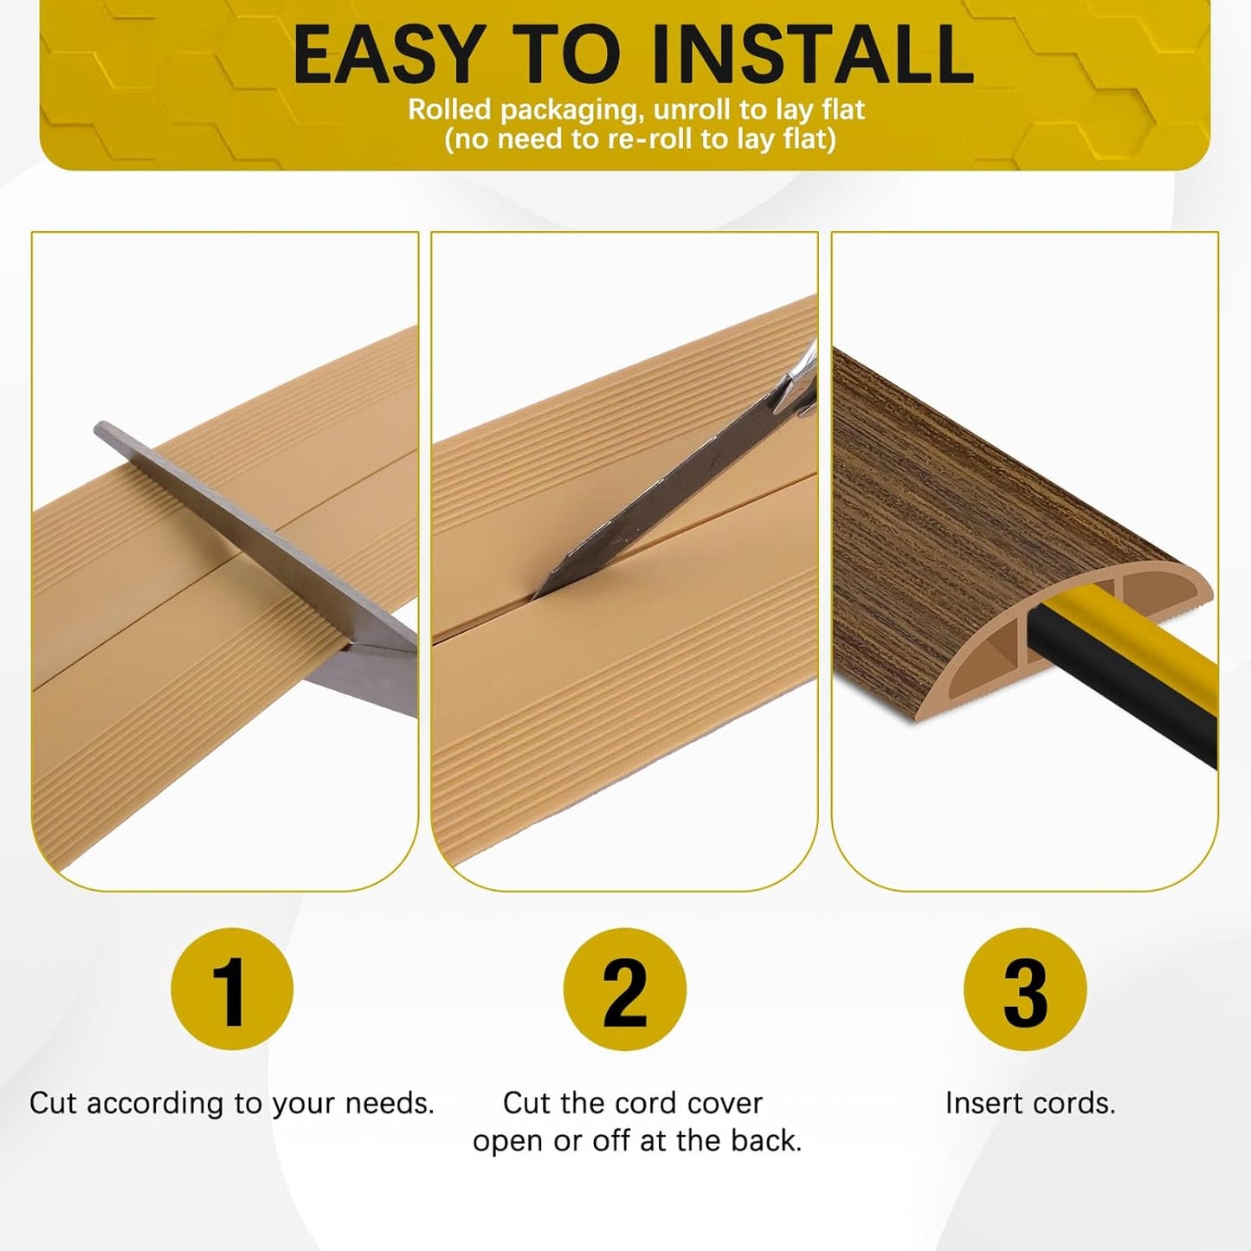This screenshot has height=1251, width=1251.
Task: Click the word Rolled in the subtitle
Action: pyautogui.click(x=449, y=110)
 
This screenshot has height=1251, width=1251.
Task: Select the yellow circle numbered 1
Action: pyautogui.click(x=232, y=990)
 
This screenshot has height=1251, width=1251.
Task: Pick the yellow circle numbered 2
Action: pyautogui.click(x=625, y=990)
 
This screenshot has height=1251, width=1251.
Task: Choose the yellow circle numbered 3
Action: pyautogui.click(x=1025, y=990)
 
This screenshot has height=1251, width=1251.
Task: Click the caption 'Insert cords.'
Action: pyautogui.click(x=1030, y=1103)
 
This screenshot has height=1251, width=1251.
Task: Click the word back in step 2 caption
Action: pyautogui.click(x=765, y=1141)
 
